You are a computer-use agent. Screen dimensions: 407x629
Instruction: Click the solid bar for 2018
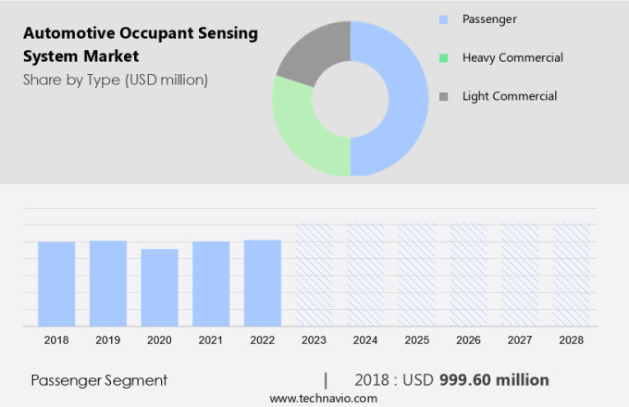[x=56, y=283]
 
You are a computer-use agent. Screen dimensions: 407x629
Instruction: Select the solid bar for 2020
[x=159, y=287]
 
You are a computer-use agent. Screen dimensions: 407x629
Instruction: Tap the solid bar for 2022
[x=263, y=282]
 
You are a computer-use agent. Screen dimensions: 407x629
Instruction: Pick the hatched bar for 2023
[x=314, y=275]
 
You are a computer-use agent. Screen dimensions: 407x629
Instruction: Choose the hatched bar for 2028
[x=571, y=275]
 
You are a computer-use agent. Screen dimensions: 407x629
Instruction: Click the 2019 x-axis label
[x=107, y=340]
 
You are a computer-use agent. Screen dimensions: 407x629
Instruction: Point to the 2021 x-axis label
[x=211, y=340]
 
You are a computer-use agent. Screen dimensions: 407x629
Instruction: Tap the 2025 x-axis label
[x=417, y=340]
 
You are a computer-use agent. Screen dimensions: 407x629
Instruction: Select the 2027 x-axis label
[x=520, y=340]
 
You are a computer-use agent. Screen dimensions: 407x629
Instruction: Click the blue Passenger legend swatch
[x=444, y=18]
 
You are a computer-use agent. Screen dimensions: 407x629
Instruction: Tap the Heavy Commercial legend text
[x=512, y=57]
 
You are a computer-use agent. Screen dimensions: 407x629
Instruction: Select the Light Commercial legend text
[x=510, y=96]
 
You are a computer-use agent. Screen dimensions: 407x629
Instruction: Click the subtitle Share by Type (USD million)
[x=116, y=80]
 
